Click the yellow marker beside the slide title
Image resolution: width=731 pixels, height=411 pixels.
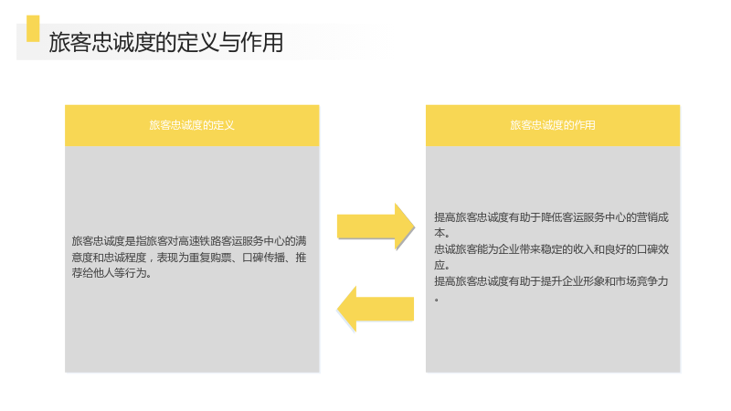(33, 28)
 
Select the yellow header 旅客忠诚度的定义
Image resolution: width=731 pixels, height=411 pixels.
(192, 125)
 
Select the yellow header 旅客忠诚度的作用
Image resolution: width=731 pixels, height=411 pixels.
(553, 125)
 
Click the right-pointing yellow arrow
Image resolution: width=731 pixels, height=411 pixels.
(376, 227)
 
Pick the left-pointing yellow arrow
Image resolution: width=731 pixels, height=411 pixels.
(376, 309)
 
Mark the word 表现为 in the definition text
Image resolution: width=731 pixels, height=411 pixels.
(173, 258)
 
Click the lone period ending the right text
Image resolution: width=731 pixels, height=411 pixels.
(437, 300)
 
